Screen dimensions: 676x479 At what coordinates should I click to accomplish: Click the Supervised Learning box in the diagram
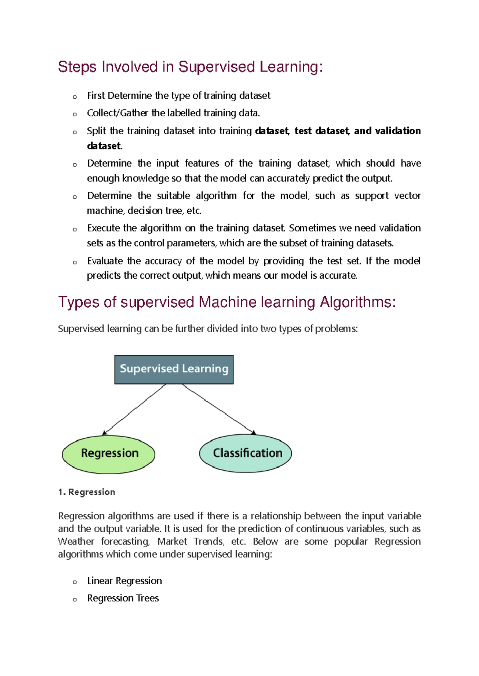tap(174, 369)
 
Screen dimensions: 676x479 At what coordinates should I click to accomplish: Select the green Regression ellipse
tap(109, 454)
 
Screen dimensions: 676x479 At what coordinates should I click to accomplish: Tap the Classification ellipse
tap(245, 453)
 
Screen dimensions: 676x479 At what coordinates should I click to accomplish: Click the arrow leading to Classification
tap(219, 409)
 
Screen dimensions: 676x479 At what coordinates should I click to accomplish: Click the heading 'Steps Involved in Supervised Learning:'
tap(190, 67)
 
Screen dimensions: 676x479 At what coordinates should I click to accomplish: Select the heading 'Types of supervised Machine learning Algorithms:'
tap(227, 302)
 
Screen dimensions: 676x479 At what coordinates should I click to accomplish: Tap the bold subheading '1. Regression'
tap(87, 492)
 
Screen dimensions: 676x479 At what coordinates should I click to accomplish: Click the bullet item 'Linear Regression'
tap(125, 581)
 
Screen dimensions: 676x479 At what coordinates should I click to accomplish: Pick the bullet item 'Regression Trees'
tap(123, 598)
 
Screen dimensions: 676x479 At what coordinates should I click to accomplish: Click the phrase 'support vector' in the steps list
tap(388, 196)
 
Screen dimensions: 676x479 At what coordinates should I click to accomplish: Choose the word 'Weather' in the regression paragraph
tap(76, 541)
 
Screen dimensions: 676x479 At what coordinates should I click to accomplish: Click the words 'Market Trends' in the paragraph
tap(190, 541)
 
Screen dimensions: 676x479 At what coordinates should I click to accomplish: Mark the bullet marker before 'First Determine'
tap(75, 97)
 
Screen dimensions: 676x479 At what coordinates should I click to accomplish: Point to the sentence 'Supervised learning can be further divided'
tap(208, 329)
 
